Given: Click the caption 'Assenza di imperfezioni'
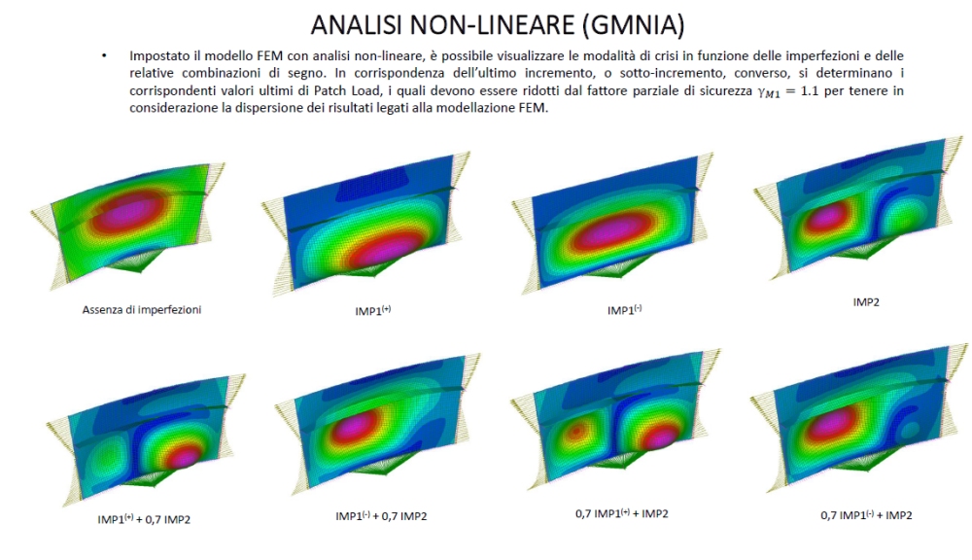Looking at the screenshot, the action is [142, 309].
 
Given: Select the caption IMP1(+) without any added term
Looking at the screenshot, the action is [372, 310].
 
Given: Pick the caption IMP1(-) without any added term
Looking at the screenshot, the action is [624, 309].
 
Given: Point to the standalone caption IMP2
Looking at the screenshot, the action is [866, 302].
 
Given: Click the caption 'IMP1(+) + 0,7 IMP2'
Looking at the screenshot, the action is [144, 519].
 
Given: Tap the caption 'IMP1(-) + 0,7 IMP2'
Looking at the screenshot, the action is [381, 515].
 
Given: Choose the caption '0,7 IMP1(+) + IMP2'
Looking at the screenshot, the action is [622, 513].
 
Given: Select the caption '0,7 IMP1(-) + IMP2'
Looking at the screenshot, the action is [866, 514].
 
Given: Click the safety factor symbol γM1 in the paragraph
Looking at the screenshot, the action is [769, 91].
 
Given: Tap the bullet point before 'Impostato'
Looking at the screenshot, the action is [104, 55].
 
